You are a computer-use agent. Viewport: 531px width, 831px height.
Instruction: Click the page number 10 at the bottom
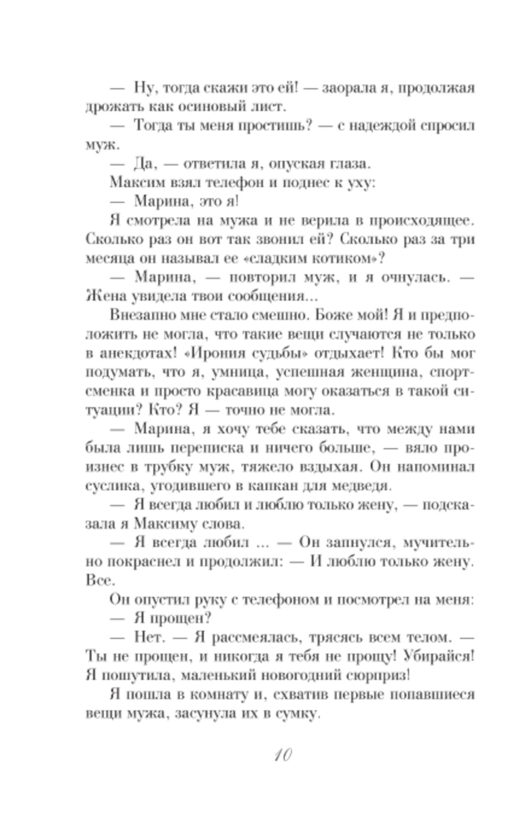(281, 755)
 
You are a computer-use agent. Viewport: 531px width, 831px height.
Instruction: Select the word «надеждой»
(383, 126)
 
